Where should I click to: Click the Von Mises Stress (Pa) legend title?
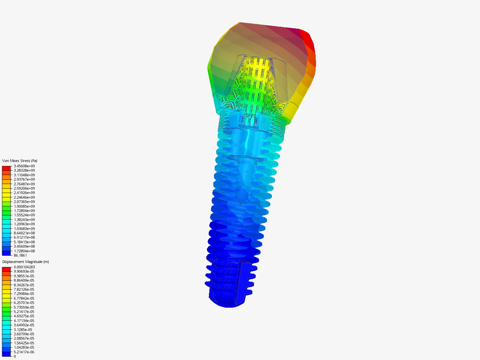[x=20, y=161]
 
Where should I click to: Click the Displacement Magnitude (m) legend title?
[x=25, y=262]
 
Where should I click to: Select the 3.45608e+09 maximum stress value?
[x=24, y=166]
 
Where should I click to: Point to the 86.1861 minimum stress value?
[x=20, y=255]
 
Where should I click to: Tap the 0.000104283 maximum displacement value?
[x=24, y=267]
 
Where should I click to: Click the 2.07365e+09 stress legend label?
[x=24, y=202]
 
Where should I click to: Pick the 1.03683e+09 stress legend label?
[x=24, y=229]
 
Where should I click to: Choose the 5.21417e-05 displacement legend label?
[x=24, y=312]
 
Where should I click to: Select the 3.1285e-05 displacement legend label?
[x=23, y=330]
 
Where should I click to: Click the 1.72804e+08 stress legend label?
[x=24, y=251]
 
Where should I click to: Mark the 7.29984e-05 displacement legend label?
[x=24, y=294]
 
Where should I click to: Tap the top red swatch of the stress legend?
[x=6, y=168]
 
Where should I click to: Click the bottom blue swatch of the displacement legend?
[x=6, y=354]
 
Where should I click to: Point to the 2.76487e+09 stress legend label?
[x=24, y=184]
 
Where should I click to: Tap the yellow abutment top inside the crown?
[x=257, y=67]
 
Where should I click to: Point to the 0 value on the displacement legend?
[x=15, y=356]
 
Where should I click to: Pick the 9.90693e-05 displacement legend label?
[x=24, y=271]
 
